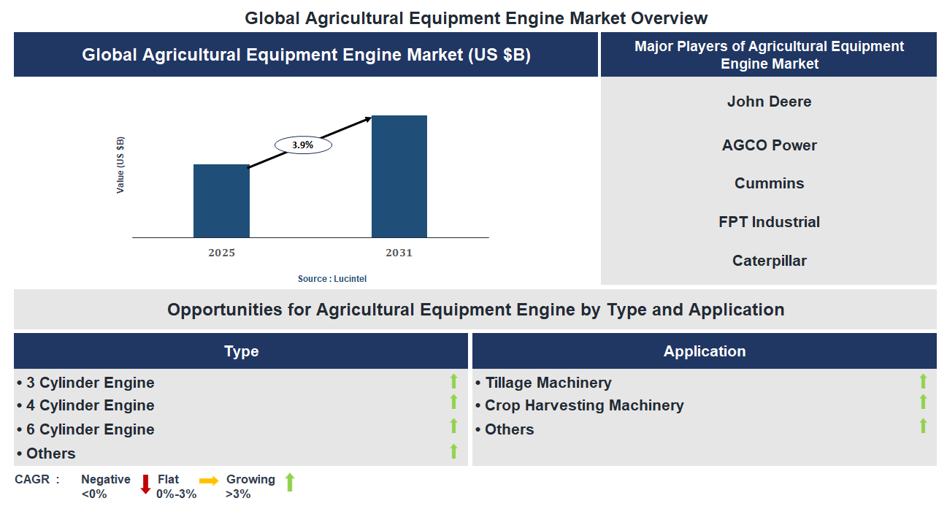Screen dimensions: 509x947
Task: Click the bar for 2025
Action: click(221, 201)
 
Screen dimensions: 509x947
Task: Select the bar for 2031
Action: click(399, 176)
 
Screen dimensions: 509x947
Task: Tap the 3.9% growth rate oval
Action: click(303, 145)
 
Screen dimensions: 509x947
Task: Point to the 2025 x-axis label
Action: click(221, 253)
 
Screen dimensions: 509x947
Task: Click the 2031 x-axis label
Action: click(399, 253)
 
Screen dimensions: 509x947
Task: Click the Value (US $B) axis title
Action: click(120, 165)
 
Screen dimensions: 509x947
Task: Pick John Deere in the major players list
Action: click(769, 102)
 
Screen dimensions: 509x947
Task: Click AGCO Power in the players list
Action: click(769, 145)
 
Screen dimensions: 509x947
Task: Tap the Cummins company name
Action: click(769, 183)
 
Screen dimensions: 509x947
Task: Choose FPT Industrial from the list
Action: click(769, 222)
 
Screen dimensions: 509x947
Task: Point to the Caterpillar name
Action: click(769, 261)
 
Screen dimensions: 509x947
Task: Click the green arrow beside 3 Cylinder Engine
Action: click(453, 380)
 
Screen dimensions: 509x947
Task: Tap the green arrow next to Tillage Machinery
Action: click(923, 380)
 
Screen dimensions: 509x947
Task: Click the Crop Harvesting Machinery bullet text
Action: click(584, 405)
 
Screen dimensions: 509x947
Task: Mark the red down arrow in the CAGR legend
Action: click(145, 483)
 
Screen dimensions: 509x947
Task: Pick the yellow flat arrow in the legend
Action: click(209, 481)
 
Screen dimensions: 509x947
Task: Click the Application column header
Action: click(705, 351)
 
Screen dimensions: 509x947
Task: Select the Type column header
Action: click(241, 351)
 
